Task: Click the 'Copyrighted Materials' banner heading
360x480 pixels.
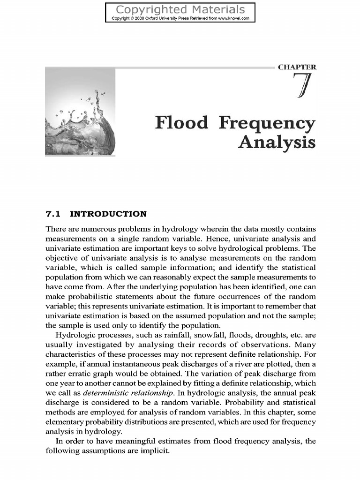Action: pos(180,9)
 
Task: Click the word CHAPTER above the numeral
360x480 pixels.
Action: pos(297,67)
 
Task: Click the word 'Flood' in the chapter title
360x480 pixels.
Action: pos(181,123)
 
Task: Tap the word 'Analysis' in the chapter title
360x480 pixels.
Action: pos(276,142)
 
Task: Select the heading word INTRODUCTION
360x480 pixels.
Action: pos(108,214)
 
